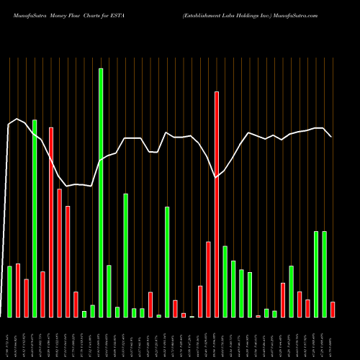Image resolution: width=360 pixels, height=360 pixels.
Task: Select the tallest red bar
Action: click(x=216, y=204)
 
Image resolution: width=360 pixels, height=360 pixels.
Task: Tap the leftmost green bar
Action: click(x=9, y=292)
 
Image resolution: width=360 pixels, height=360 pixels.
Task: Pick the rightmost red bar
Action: click(x=332, y=310)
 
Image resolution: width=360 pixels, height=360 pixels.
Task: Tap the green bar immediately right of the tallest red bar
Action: click(x=225, y=282)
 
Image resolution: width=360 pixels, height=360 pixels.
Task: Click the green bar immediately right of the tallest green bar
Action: click(x=109, y=291)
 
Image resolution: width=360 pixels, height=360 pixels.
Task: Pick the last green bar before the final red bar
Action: click(x=324, y=274)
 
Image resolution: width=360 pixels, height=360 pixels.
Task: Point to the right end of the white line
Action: click(x=331, y=137)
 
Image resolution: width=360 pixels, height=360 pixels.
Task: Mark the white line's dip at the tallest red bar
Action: click(x=216, y=177)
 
